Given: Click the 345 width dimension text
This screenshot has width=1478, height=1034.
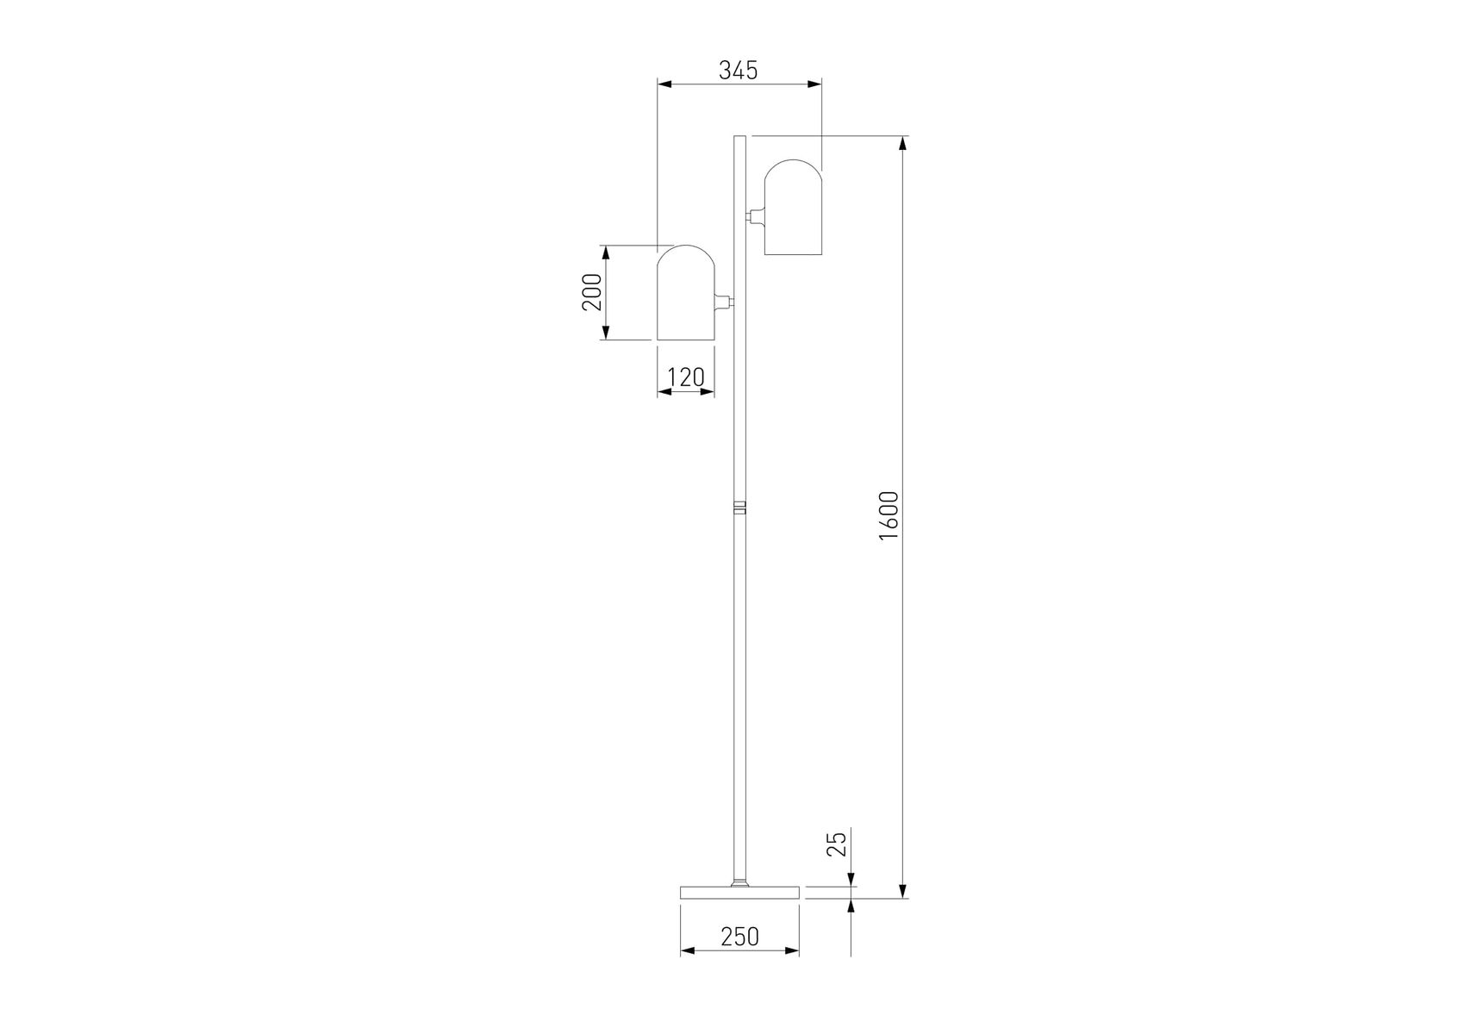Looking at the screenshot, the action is click(739, 70).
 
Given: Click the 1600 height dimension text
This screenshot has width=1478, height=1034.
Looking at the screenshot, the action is click(889, 515).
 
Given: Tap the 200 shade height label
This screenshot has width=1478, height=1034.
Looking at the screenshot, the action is click(592, 292).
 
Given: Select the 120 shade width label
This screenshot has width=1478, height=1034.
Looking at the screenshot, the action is click(686, 377).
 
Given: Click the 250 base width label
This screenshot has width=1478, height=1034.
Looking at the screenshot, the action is click(739, 936).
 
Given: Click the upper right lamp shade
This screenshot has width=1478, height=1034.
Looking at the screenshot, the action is click(793, 207).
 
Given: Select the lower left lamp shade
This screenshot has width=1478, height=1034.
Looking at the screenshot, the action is click(686, 293).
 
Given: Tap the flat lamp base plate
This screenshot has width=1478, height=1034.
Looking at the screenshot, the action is click(739, 892).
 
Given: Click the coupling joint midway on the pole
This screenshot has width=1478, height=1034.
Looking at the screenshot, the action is click(739, 507).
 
